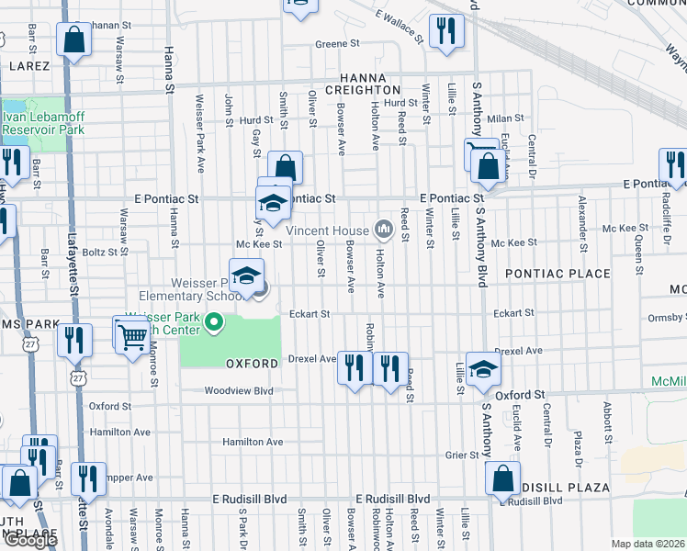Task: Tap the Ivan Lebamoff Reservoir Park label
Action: (42, 123)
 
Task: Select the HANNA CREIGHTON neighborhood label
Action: (369, 84)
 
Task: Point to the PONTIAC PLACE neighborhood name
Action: (557, 274)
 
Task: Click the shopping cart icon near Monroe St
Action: (130, 334)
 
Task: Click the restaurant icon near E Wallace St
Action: (447, 30)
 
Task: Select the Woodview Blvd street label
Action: (239, 390)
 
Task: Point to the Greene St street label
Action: (337, 43)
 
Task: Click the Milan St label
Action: (505, 118)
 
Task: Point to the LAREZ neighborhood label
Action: (28, 66)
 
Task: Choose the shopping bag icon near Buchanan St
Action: (74, 40)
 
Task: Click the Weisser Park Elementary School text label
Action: (188, 289)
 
